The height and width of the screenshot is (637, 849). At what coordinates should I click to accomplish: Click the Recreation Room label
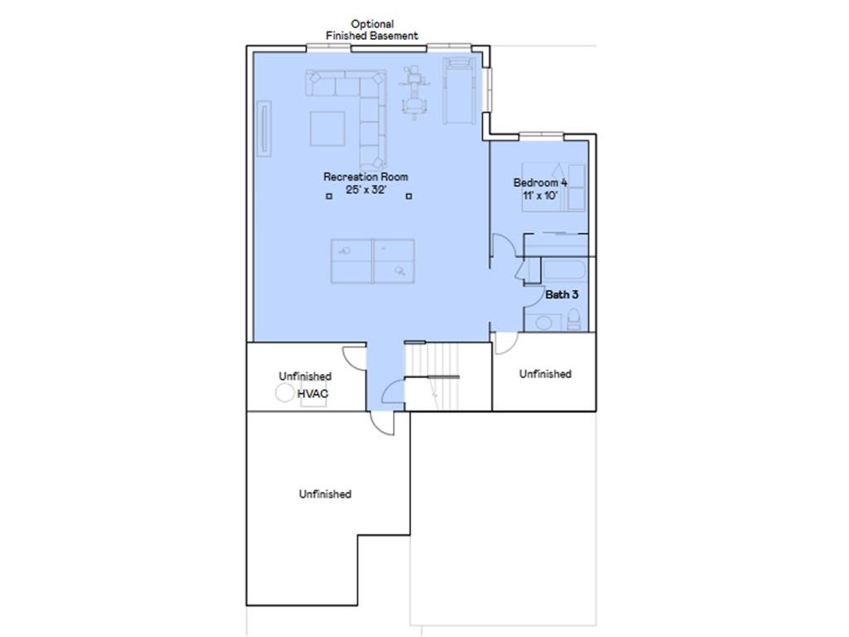point(366,177)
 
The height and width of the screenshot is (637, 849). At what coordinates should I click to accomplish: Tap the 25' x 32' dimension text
point(366,190)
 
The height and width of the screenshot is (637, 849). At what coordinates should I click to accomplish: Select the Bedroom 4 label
point(541,182)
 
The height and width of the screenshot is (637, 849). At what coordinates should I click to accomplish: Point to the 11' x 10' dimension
point(541,195)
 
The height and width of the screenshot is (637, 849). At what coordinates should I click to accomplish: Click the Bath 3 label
point(561,294)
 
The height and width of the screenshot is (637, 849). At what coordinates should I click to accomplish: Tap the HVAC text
point(313,394)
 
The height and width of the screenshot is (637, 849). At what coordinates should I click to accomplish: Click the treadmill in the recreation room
point(459,91)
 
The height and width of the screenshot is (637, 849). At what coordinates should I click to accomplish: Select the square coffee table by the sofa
point(327,129)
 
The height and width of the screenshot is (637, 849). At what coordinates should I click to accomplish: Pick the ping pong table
point(373,261)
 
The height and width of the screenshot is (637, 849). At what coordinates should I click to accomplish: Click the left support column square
point(328,196)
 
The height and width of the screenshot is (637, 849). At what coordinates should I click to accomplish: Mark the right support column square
point(409,196)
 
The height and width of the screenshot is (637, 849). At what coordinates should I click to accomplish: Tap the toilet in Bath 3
point(574,319)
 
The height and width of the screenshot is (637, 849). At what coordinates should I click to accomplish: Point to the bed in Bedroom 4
point(553,187)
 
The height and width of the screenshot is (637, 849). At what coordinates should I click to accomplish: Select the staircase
point(433,376)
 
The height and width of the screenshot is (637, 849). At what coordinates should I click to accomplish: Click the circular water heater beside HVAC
point(285,392)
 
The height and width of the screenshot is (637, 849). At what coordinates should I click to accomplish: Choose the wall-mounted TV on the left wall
point(264,129)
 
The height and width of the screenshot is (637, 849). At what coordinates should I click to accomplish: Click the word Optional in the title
point(372,24)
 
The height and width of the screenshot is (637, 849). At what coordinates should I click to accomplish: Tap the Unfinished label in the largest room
point(325,494)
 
